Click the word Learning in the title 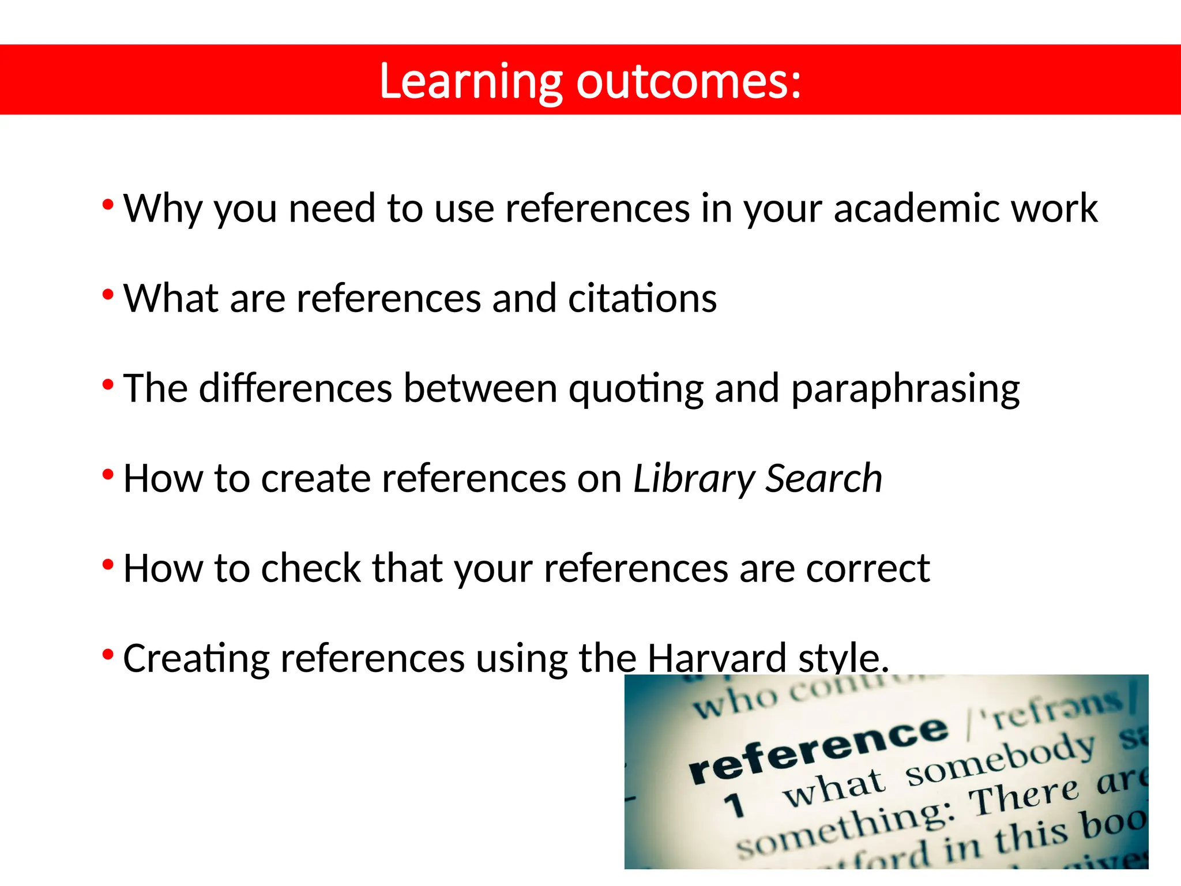(x=471, y=82)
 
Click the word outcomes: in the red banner (x=689, y=82)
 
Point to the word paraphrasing (x=905, y=389)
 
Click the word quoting (x=636, y=389)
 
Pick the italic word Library (x=694, y=479)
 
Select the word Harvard (x=717, y=658)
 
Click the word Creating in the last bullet (x=196, y=658)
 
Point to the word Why (x=163, y=209)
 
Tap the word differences (x=295, y=388)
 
